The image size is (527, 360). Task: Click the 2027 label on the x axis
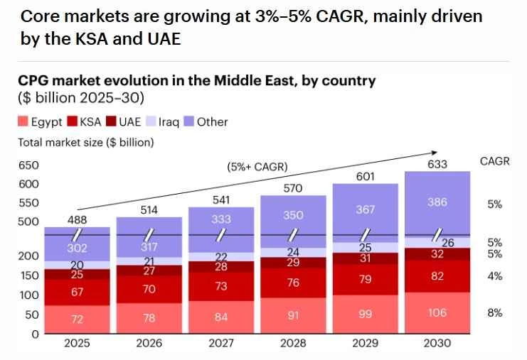221,344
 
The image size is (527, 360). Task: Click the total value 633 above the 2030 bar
437,164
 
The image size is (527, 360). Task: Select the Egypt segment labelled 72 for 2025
77,320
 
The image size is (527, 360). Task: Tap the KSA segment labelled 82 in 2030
437,276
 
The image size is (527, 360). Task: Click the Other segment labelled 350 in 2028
293,214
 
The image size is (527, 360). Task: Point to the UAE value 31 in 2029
365,258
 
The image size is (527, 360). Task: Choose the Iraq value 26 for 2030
447,243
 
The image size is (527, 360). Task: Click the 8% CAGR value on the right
495,312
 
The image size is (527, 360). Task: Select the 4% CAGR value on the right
495,276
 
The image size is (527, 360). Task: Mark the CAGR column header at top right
495,161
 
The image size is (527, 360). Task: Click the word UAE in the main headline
163,39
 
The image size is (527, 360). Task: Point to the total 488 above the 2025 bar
77,220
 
